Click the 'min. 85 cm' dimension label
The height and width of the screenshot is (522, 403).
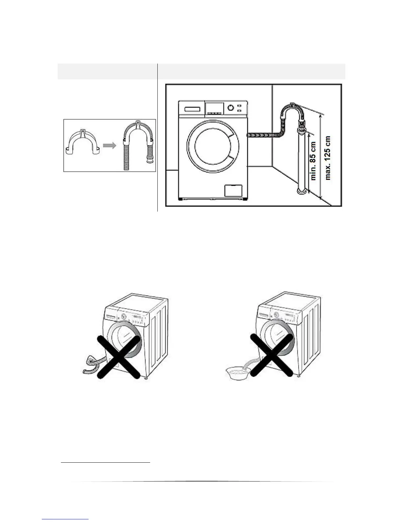tap(313, 161)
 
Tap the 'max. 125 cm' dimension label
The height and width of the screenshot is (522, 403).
tap(328, 158)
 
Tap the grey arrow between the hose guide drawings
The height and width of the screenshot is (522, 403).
tap(110, 145)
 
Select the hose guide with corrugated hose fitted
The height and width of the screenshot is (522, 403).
tap(137, 145)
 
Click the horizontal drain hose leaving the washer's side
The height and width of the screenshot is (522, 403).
tap(263, 135)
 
